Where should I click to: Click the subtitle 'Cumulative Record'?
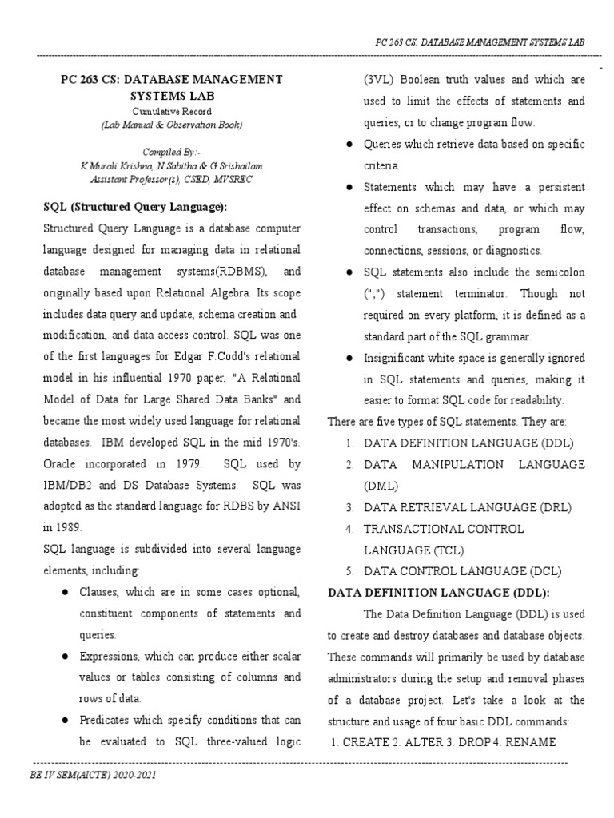coord(161,111)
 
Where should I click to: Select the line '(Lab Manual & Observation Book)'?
coord(161,125)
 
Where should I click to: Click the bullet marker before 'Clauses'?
coord(63,593)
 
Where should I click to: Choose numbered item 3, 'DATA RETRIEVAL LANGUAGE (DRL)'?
coord(468,507)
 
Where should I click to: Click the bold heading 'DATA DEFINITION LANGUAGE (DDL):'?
coord(437,593)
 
